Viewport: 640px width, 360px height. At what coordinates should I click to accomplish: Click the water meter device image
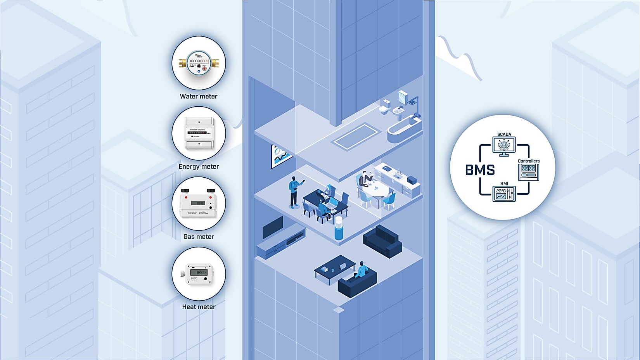point(199,63)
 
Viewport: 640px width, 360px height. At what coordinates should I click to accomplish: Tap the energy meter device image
point(199,133)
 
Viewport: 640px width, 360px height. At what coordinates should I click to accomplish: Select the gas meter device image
point(199,204)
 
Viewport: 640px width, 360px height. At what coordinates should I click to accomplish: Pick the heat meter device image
point(199,273)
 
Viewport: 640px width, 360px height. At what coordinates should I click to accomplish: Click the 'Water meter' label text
point(199,96)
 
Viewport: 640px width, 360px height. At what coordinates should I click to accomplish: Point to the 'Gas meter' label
point(199,237)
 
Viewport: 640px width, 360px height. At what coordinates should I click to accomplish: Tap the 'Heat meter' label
point(199,307)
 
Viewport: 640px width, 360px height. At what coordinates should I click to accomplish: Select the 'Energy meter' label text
point(199,166)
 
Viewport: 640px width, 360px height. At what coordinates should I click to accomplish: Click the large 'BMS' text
point(480,170)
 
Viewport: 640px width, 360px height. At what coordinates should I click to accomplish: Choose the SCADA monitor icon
point(504,146)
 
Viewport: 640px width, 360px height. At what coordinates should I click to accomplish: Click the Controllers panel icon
point(528,172)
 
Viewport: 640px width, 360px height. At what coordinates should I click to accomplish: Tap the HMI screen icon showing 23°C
point(504,194)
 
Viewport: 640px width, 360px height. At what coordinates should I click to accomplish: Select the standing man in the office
point(295,192)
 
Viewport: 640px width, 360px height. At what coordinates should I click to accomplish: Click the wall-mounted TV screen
point(273,227)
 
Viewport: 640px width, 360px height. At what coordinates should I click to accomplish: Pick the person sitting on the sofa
point(362,270)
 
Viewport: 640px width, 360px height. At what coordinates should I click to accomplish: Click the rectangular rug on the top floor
point(355,136)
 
